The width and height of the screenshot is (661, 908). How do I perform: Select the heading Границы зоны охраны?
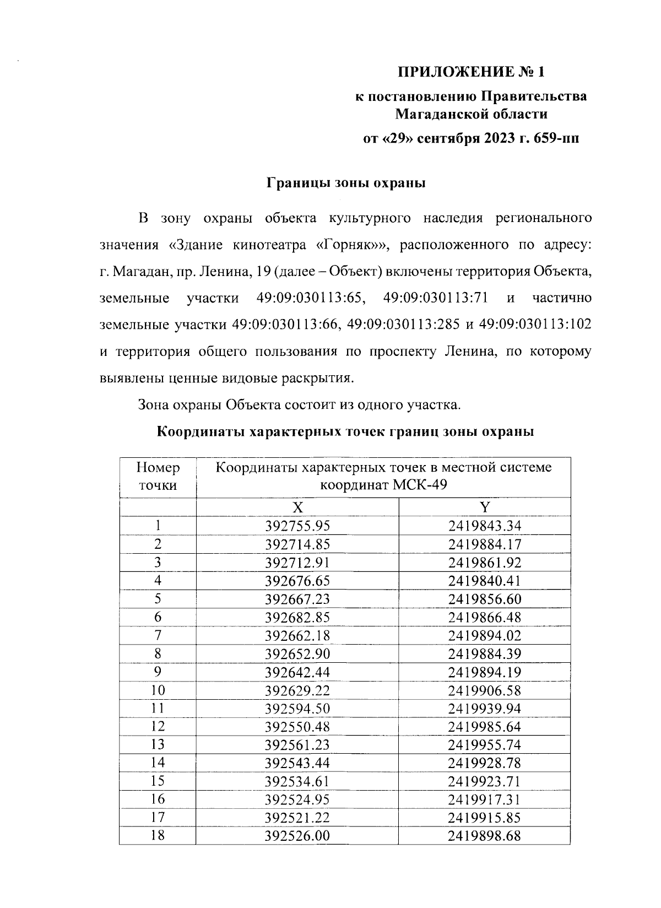coord(346,183)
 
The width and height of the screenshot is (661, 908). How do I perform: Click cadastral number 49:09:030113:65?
coord(311,298)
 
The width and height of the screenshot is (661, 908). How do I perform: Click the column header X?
coord(297,507)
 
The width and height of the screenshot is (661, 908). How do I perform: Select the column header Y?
coord(484,507)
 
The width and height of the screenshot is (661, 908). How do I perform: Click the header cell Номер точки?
coord(158,477)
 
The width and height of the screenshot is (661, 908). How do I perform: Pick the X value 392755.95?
coord(297,526)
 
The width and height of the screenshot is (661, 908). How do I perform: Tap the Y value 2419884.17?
coord(484,544)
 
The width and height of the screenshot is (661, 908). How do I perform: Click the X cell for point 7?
coord(297,635)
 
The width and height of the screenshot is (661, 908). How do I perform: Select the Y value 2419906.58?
coord(484,690)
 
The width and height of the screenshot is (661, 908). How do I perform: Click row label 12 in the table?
coord(158,726)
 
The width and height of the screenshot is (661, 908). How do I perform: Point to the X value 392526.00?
coord(297,836)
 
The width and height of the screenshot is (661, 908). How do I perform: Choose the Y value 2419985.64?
coord(484,727)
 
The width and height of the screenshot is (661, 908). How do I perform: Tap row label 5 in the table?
coord(158,598)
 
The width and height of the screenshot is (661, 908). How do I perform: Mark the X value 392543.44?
coord(297,763)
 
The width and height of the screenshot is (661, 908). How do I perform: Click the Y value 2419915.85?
coord(484,818)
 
